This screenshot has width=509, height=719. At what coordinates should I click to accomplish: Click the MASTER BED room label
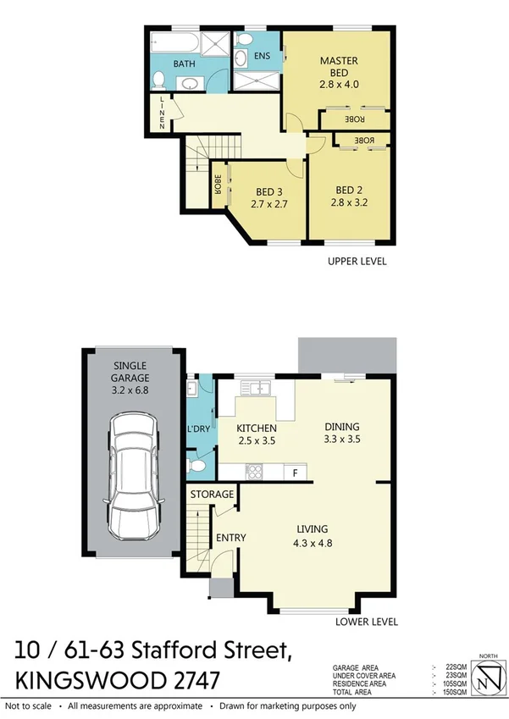tap(340, 60)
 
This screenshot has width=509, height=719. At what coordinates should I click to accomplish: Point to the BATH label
tap(185, 64)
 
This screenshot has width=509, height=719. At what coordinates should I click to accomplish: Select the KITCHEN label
tap(256, 428)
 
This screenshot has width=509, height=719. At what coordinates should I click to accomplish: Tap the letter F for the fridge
tap(295, 471)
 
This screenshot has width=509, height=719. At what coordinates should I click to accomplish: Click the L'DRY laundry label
tap(198, 429)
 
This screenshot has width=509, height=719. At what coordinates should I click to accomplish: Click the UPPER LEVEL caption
tap(357, 262)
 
